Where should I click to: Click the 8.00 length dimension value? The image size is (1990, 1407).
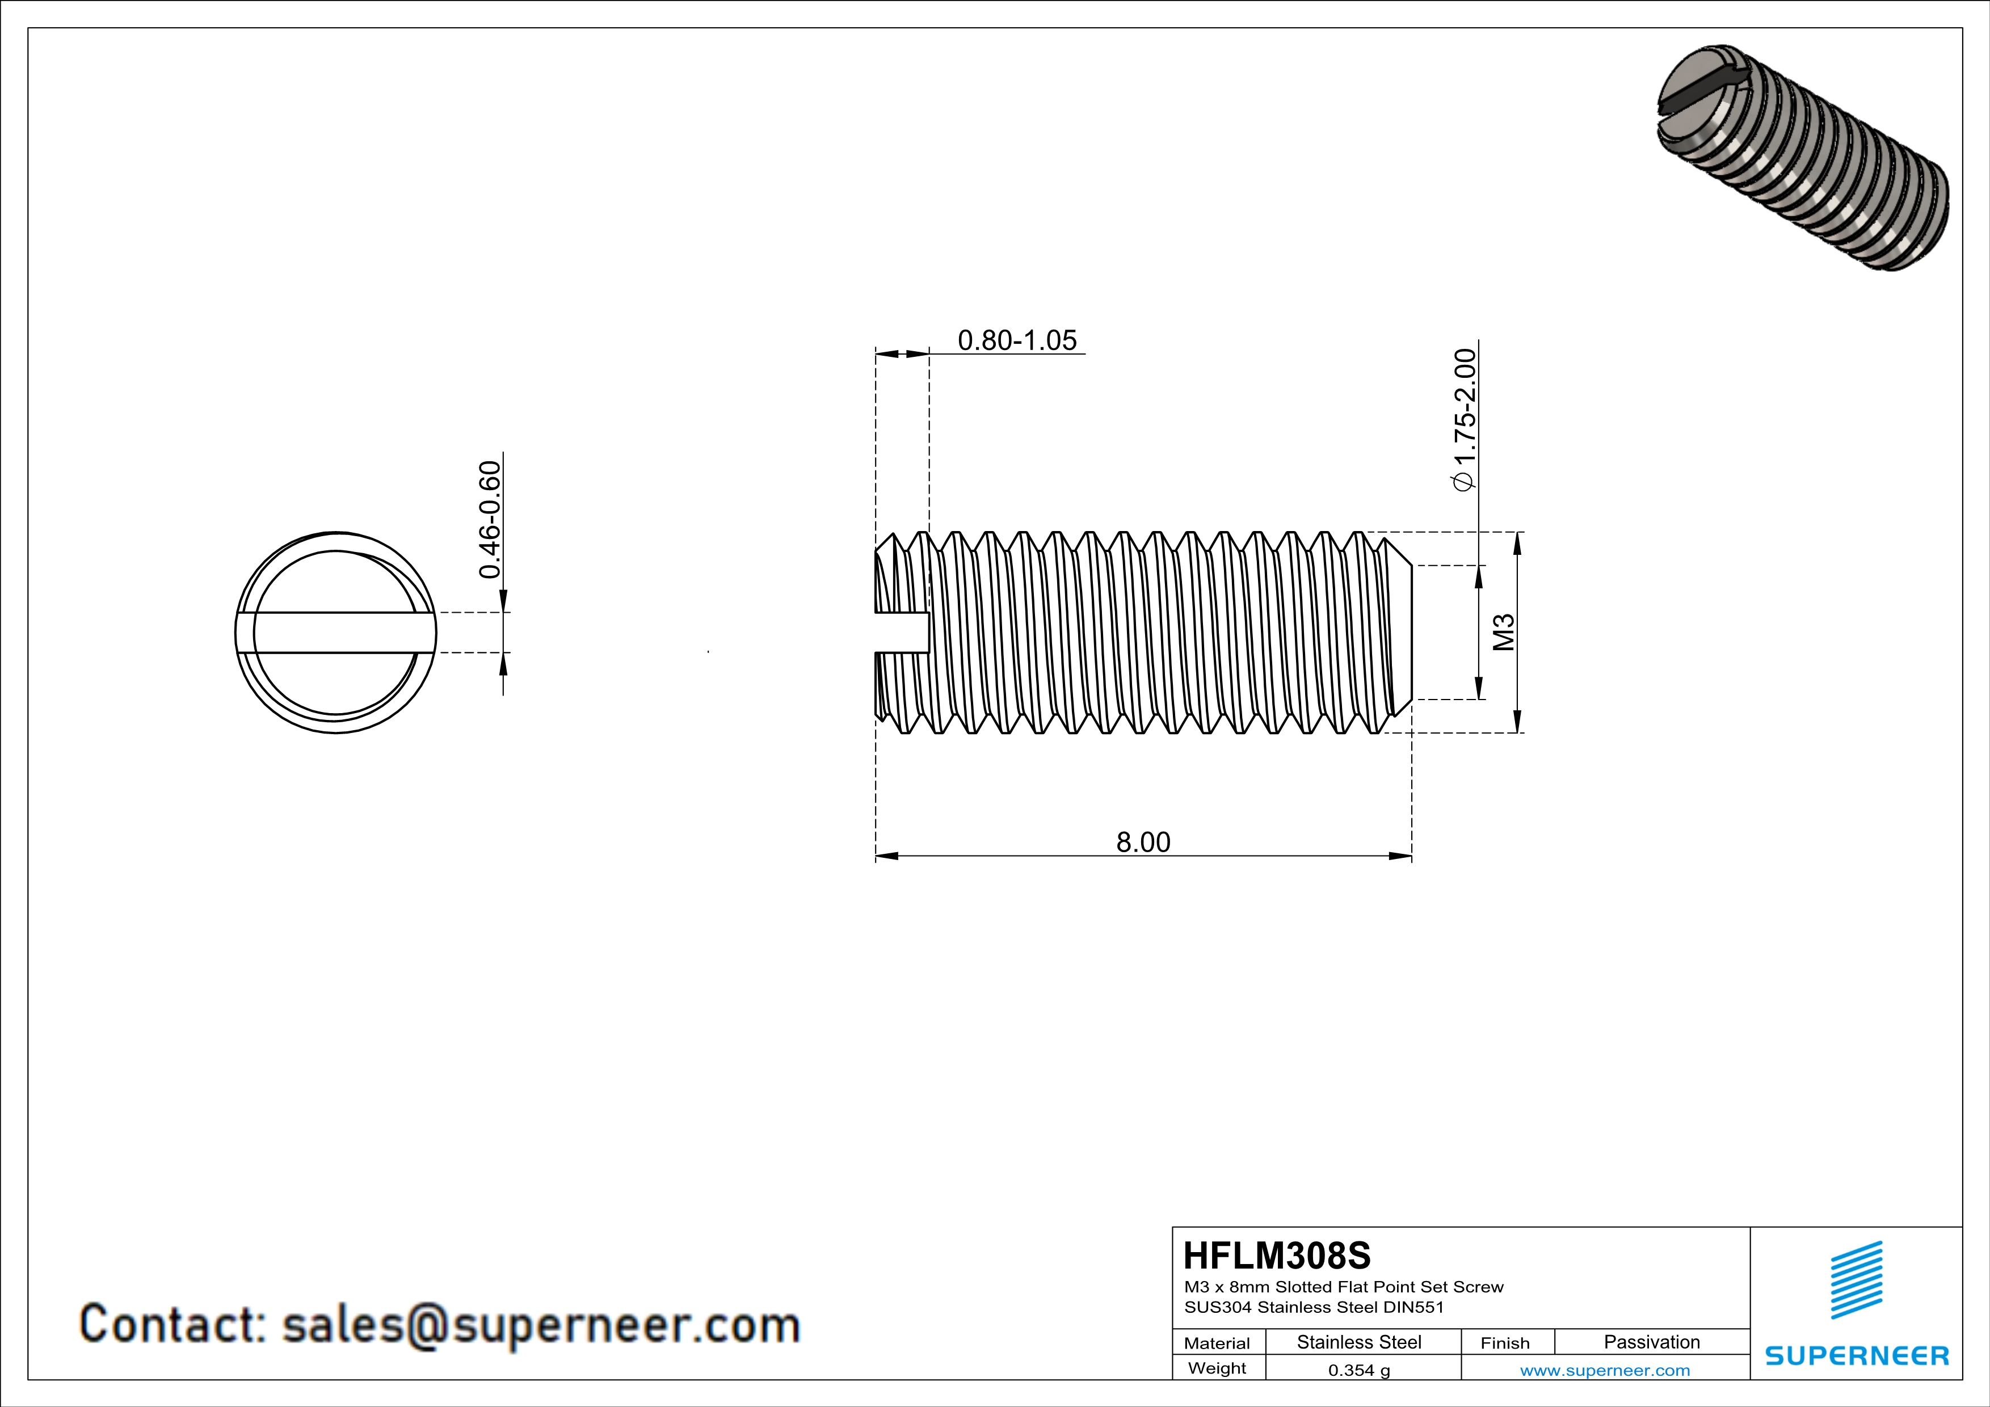click(1142, 842)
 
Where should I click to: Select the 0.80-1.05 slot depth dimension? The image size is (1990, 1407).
click(1017, 340)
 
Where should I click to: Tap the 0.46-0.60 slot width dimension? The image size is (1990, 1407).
click(490, 519)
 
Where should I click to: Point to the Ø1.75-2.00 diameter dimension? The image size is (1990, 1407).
click(1464, 420)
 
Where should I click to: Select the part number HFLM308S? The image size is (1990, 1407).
click(1277, 1256)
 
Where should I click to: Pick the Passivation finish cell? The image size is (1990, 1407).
click(1651, 1342)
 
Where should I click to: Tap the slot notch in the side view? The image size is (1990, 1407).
click(902, 633)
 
